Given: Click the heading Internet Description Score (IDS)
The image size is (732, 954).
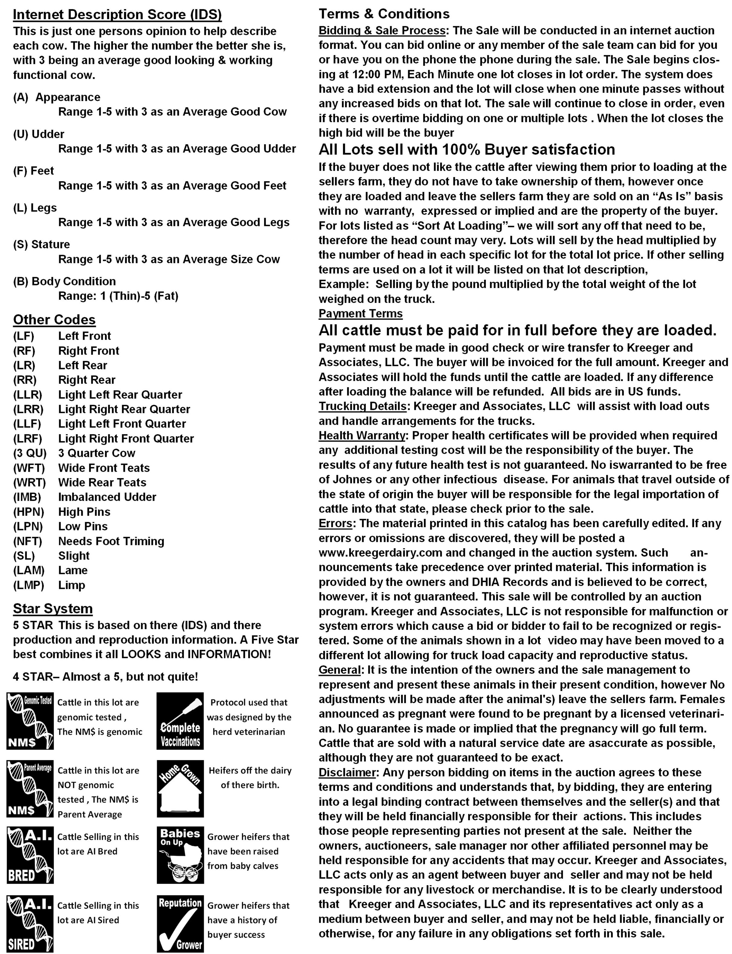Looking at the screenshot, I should coord(117,14).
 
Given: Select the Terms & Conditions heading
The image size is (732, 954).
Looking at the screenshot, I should coord(384,14).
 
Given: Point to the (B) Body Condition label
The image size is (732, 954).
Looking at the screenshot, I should coord(65,281).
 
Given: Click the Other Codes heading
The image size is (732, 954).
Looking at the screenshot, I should coord(54,320).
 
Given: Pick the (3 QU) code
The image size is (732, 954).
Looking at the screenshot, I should coord(30,453).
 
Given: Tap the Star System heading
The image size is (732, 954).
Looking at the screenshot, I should coord(53,609).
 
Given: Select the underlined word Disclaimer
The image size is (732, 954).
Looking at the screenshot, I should coord(347,772).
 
